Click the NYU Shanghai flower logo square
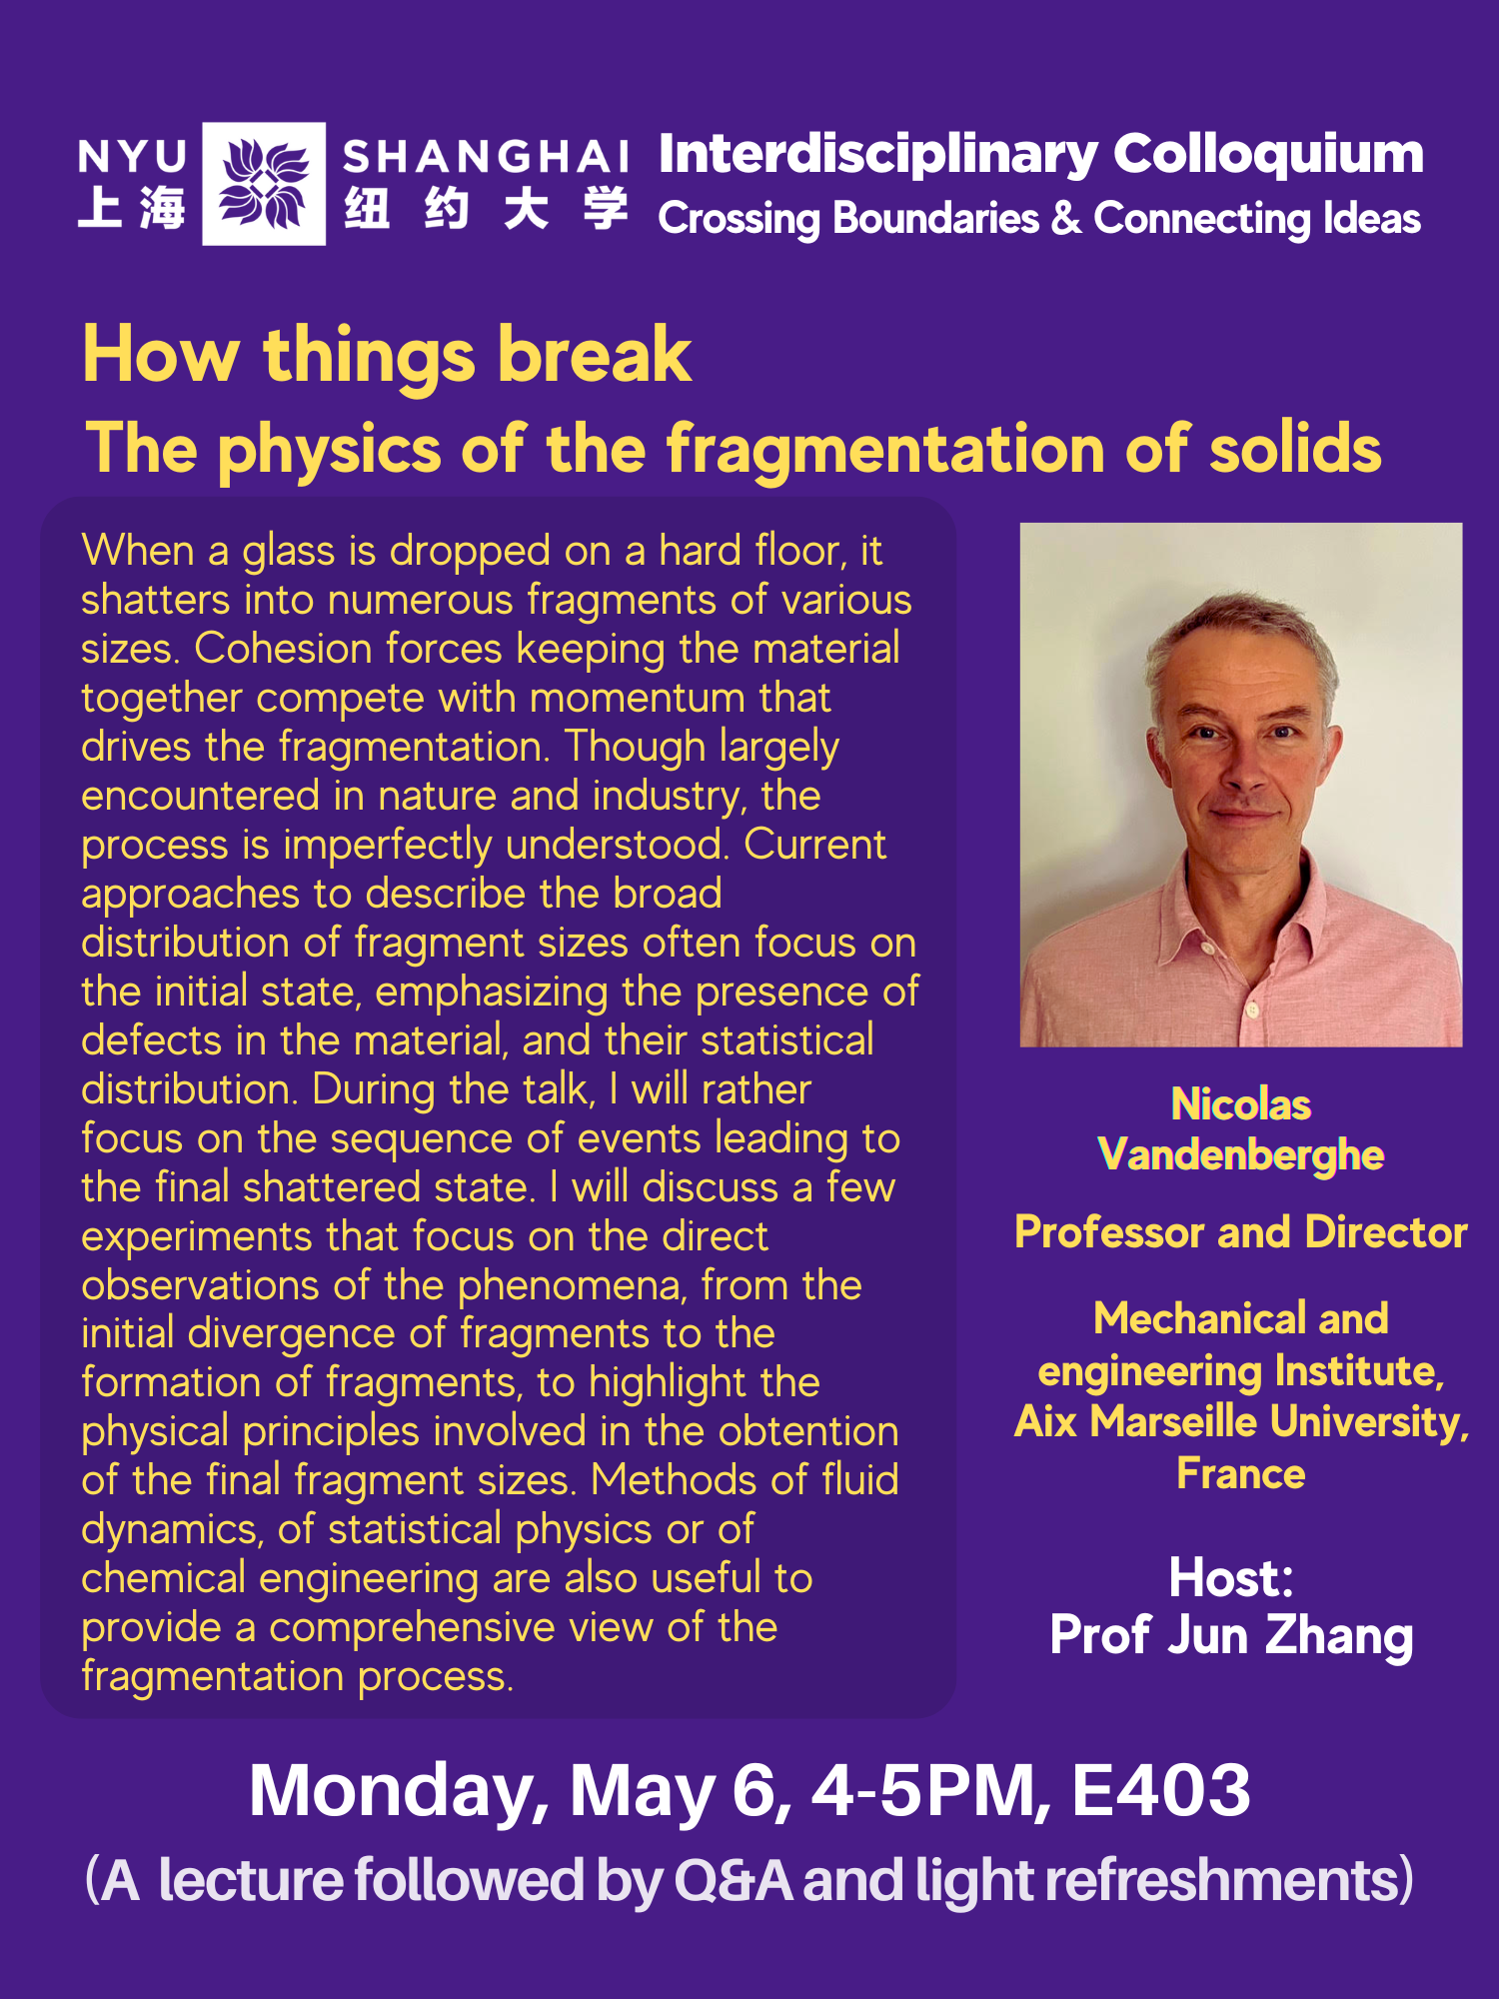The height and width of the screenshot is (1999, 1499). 264,184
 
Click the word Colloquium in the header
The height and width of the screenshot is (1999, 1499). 1268,156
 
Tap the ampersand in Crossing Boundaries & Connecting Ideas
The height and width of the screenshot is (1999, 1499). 1066,219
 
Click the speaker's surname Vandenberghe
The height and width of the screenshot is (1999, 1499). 1241,1155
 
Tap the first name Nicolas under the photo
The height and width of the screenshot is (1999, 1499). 1241,1104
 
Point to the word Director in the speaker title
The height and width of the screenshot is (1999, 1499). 1386,1232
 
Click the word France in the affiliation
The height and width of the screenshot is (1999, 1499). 1241,1474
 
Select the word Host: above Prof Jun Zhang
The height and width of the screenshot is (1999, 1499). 1231,1578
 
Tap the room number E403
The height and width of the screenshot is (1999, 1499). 1161,1790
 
